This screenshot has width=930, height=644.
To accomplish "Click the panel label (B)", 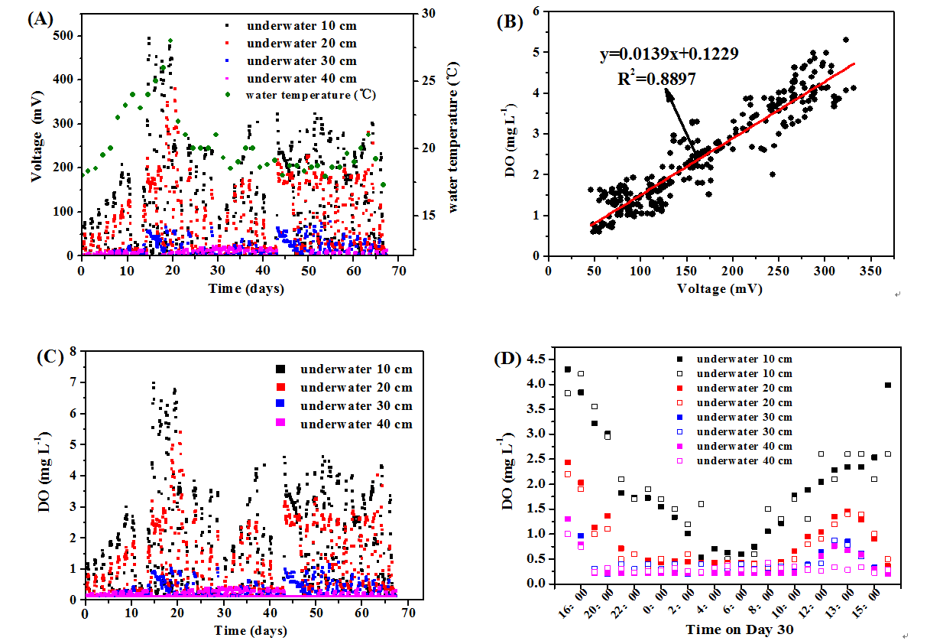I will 510,21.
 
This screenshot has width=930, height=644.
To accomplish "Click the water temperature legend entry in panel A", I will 310,96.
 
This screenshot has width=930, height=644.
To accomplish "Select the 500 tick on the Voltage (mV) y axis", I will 64,35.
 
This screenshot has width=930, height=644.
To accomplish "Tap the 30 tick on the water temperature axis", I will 428,13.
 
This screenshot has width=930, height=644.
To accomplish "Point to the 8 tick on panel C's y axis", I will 74,351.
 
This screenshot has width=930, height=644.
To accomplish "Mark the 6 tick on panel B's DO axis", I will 537,11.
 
